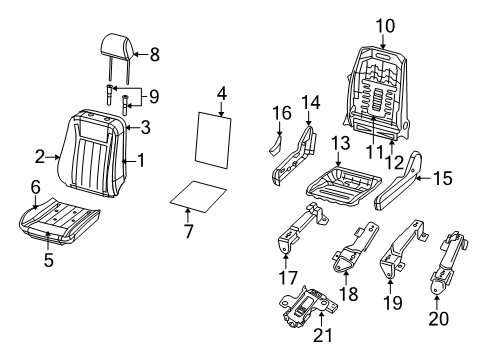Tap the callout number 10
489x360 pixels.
(386, 23)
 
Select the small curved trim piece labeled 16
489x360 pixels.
(273, 145)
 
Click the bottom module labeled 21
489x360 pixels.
(311, 322)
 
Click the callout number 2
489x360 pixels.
(40, 156)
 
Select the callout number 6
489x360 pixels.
(36, 186)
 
